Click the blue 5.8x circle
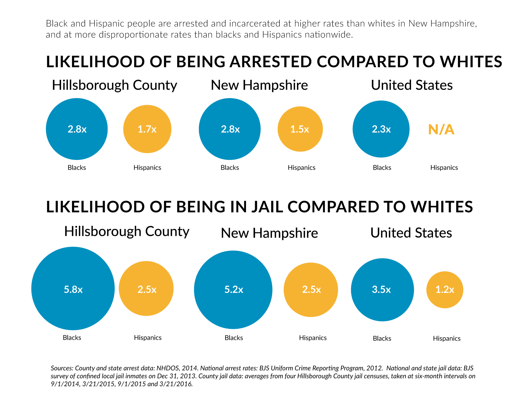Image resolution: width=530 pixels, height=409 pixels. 73,289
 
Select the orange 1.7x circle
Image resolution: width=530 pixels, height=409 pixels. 147,129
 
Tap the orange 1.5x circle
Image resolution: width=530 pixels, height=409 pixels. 300,129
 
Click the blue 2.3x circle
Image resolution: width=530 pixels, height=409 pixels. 381,129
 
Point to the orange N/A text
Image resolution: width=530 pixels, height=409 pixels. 441,130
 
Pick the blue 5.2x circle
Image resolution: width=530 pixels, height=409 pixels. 233,290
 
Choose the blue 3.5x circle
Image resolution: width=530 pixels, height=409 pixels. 382,290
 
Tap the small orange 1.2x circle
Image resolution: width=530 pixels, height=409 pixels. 445,290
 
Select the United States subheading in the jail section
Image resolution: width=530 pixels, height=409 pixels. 411,233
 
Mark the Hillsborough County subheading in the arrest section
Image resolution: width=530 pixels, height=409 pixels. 114,85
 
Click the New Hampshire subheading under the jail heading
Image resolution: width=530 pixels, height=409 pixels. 269,233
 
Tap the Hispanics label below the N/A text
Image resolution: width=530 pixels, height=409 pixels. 444,168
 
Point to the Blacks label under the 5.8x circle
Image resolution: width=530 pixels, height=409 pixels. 72,338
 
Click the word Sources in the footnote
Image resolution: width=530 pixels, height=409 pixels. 62,368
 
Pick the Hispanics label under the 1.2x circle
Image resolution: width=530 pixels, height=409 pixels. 447,339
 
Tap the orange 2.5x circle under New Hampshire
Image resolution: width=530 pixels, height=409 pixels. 311,290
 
